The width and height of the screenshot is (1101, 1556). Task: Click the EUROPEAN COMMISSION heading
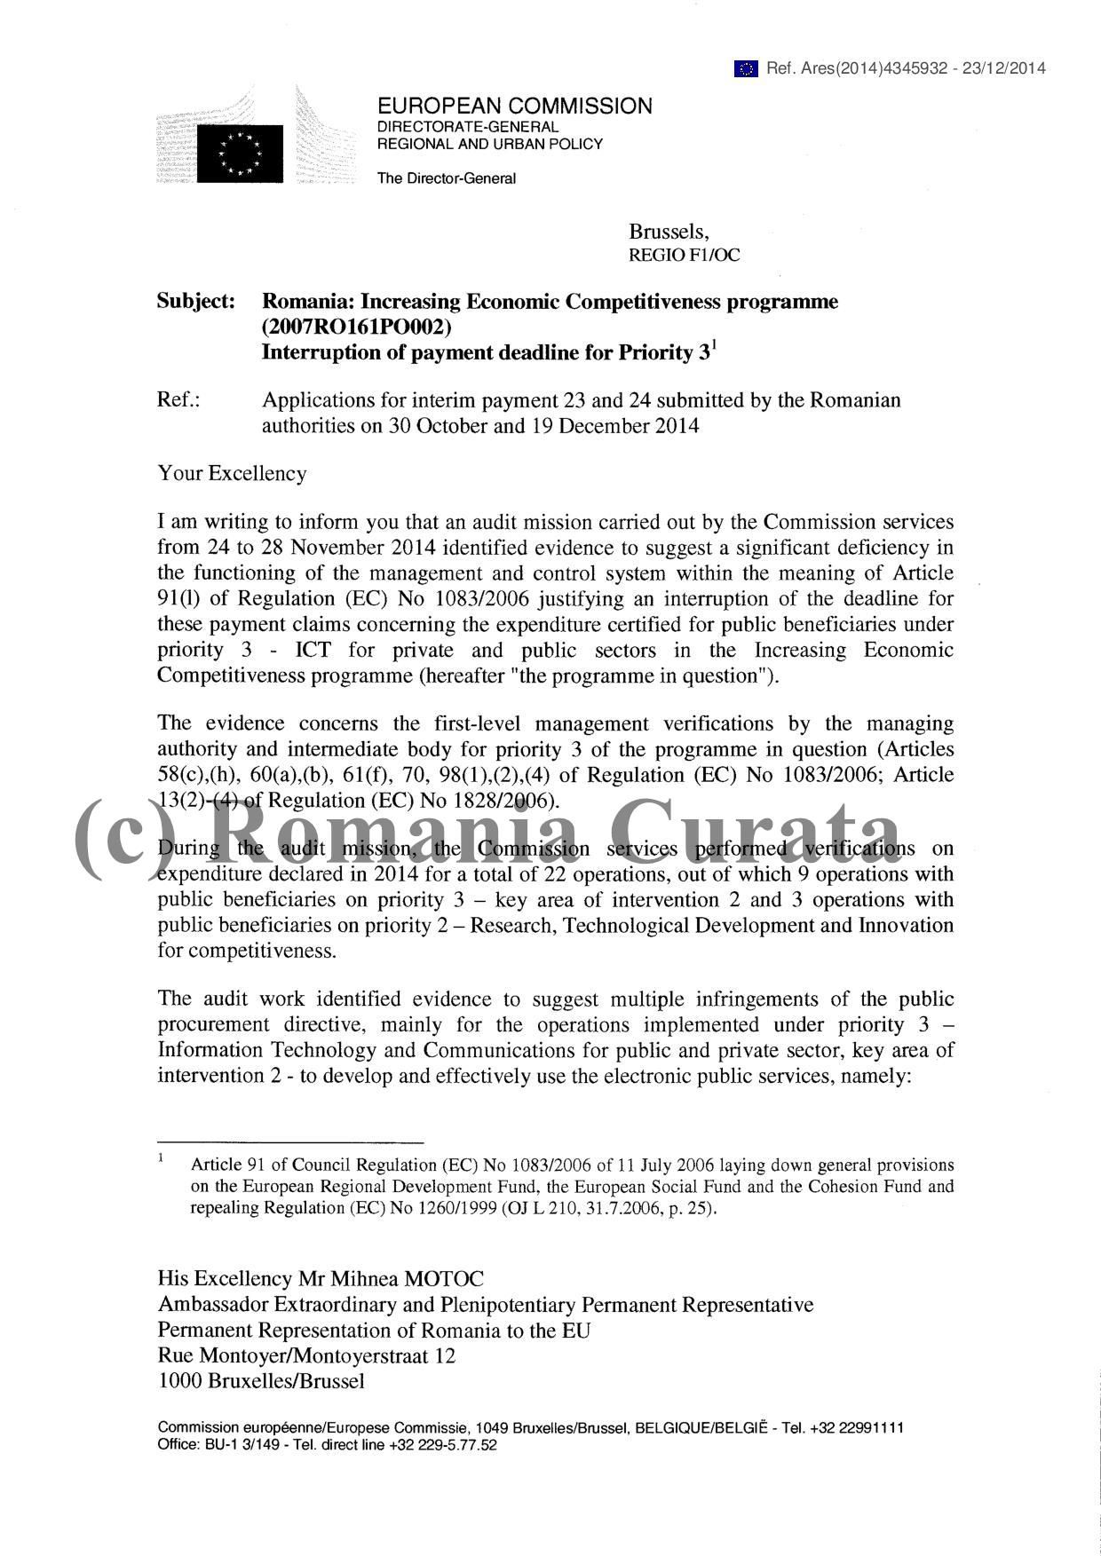514,107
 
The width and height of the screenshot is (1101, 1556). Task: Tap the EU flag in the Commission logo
240,153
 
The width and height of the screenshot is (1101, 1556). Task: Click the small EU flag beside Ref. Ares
746,68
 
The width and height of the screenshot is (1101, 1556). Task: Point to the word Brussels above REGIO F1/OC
668,233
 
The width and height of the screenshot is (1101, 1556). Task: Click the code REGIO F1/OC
684,256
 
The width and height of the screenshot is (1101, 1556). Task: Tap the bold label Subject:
196,302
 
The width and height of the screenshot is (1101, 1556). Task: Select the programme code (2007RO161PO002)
356,327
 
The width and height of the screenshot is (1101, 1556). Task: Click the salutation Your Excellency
232,473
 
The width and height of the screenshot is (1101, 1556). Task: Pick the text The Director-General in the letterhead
446,178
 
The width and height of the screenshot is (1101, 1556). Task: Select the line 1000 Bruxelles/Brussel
261,1381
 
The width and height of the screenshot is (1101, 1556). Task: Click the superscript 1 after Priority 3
714,344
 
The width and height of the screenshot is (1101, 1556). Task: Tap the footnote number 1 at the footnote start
161,1157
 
